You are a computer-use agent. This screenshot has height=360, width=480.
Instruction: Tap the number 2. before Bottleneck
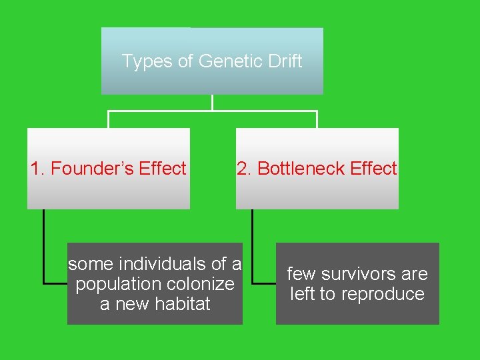point(245,169)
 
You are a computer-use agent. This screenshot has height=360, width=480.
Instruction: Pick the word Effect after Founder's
point(163,169)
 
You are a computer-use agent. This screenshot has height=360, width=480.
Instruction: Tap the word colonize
point(201,284)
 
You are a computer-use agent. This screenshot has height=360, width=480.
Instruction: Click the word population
point(119,284)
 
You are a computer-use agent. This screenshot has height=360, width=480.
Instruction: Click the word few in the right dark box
point(302,274)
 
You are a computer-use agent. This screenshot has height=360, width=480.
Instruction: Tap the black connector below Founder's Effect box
point(44,247)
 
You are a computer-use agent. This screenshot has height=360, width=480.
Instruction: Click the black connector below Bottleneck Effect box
point(253,247)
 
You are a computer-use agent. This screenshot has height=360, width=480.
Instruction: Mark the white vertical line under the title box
point(212,102)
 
